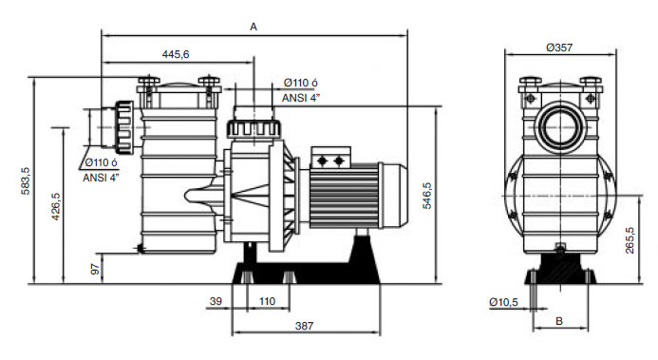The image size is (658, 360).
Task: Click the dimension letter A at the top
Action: (254, 27)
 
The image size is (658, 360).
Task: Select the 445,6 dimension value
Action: (176, 54)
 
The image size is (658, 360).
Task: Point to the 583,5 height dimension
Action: (26, 180)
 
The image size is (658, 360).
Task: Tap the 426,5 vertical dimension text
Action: (56, 206)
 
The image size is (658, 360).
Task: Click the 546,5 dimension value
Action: (426, 196)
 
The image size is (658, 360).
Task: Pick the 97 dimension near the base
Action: (96, 269)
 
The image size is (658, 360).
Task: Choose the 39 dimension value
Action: (216, 301)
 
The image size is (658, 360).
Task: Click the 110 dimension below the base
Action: (267, 301)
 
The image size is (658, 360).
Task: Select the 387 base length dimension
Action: (304, 326)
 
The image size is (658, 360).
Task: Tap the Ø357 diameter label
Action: (559, 47)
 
